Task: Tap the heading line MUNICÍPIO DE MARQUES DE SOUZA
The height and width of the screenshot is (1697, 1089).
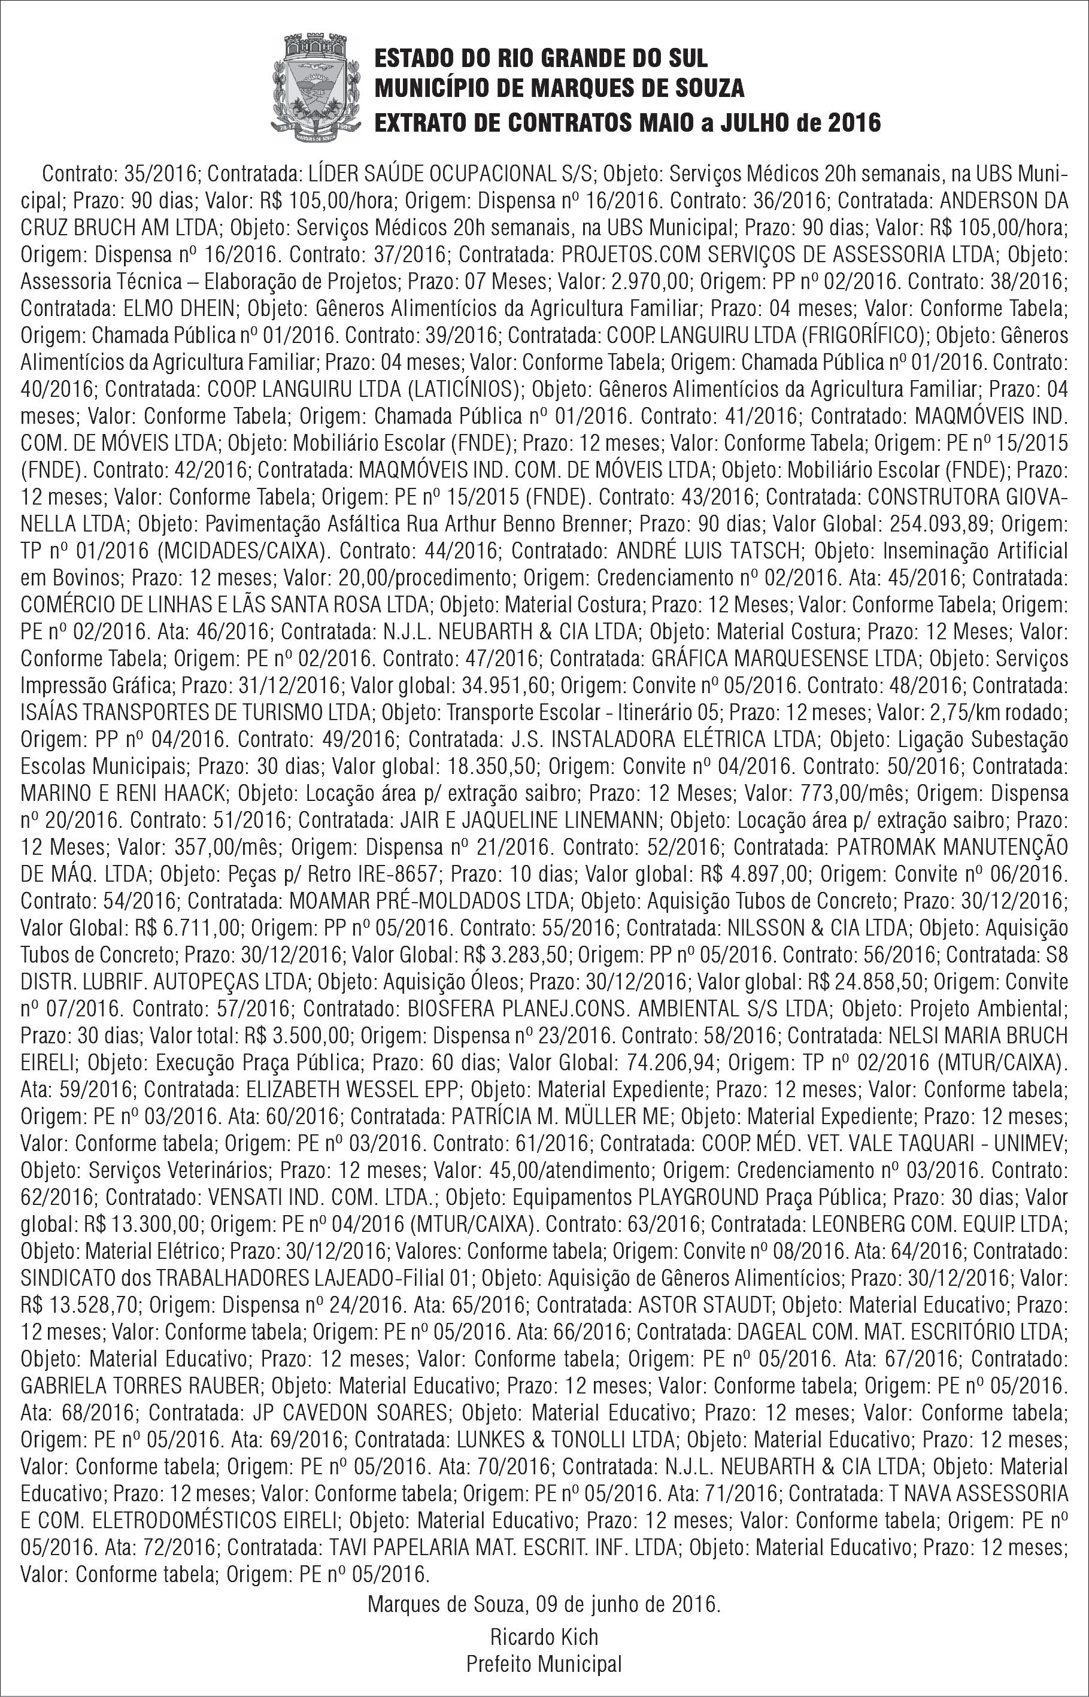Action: point(559,89)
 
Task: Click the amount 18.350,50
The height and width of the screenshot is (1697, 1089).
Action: point(490,766)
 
